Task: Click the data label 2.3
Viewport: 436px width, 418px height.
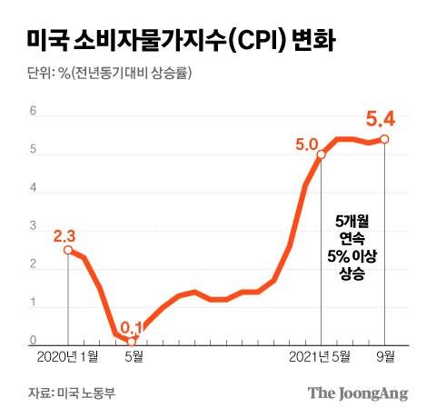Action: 64,234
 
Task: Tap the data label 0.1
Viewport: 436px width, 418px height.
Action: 133,325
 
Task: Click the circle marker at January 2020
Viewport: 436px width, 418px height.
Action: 68,250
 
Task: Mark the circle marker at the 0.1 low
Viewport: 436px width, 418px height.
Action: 133,342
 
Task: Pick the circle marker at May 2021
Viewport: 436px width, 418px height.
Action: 322,155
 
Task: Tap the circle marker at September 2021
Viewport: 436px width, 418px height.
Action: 385,139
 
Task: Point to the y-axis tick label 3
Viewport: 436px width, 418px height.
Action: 34,227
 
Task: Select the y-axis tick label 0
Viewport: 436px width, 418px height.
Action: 34,342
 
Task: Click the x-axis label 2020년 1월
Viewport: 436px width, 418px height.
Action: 68,356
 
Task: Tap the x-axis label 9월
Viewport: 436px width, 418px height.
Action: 385,356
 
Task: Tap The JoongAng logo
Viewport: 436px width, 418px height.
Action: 357,393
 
